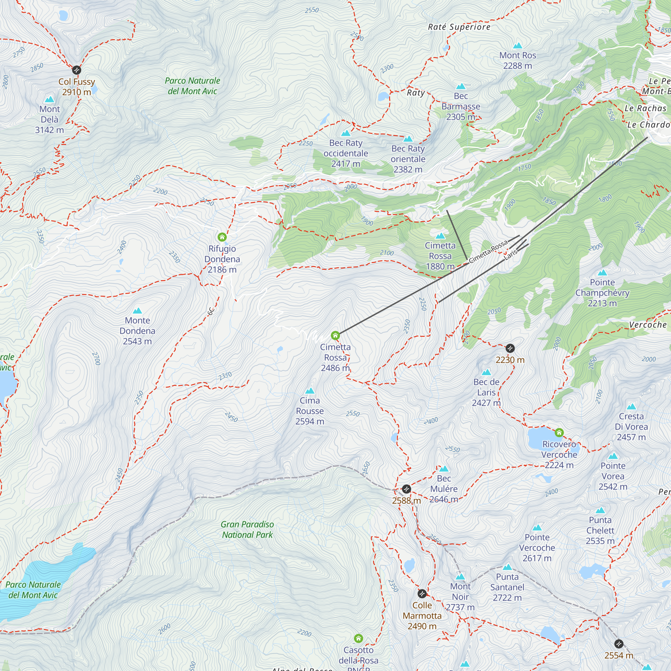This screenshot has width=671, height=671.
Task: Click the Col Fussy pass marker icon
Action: click(76, 70)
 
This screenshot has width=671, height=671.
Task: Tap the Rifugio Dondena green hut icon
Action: click(222, 237)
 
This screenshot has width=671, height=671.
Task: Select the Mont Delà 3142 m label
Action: click(49, 119)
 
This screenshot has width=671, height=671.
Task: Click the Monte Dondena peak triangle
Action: click(138, 310)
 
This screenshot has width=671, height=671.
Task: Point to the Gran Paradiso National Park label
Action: click(247, 529)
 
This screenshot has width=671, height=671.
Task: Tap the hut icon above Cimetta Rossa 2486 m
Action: click(335, 335)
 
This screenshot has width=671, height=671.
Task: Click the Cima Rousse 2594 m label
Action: click(310, 411)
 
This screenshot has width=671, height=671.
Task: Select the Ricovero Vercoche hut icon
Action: click(559, 432)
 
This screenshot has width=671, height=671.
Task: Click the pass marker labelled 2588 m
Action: click(406, 489)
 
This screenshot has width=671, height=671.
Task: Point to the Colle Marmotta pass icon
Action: click(422, 593)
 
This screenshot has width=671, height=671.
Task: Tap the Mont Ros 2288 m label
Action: click(517, 60)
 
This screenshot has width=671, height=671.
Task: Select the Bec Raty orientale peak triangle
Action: click(408, 139)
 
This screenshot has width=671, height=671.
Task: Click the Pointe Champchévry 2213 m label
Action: click(602, 293)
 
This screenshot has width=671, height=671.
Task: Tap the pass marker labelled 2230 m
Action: click(510, 348)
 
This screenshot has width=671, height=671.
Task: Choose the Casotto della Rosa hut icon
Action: click(358, 638)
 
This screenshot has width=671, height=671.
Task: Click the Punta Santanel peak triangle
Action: click(507, 567)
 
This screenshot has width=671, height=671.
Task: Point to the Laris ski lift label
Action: click(511, 255)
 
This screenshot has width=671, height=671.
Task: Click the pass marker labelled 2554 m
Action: click(619, 644)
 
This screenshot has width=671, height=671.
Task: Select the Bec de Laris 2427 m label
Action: click(486, 393)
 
